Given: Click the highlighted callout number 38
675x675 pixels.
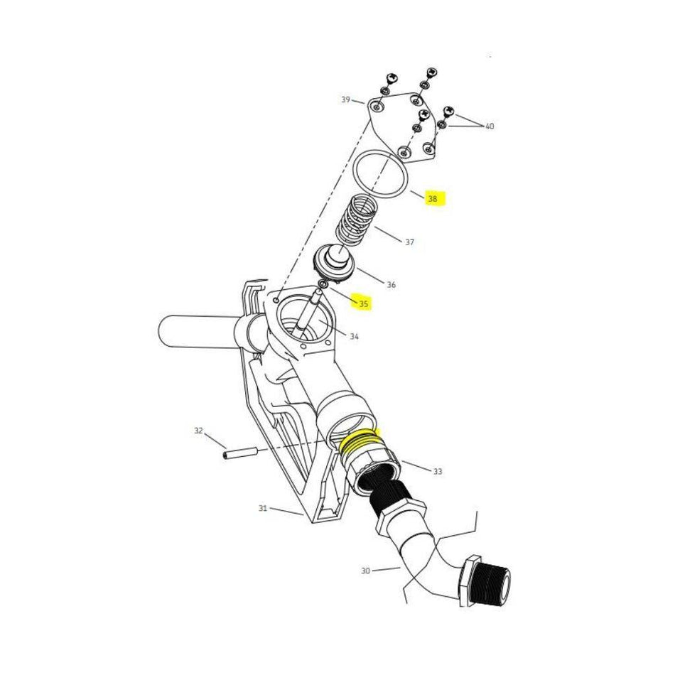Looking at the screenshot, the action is click(x=433, y=199).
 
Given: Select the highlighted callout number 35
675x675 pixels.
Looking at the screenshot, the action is click(x=364, y=304).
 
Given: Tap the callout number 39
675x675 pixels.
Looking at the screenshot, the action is click(x=346, y=100).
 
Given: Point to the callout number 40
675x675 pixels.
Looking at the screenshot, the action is click(x=490, y=126).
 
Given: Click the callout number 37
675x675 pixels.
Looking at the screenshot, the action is click(x=409, y=242).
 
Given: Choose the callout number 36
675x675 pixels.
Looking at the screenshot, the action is click(x=391, y=284).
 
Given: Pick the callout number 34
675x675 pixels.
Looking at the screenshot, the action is click(x=354, y=337).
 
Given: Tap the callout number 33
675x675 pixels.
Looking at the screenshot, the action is click(x=438, y=471).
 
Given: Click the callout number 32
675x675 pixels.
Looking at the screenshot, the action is click(x=198, y=431).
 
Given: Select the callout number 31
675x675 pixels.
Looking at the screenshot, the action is click(x=263, y=509).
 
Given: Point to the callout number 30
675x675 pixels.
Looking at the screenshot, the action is click(x=365, y=571).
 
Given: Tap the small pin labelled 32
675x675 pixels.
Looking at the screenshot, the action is click(x=239, y=453).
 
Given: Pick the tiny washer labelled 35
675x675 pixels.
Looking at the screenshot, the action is click(x=323, y=283).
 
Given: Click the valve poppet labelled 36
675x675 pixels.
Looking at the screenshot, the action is click(x=335, y=264).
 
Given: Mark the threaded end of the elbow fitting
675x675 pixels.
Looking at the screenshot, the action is click(x=491, y=585).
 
